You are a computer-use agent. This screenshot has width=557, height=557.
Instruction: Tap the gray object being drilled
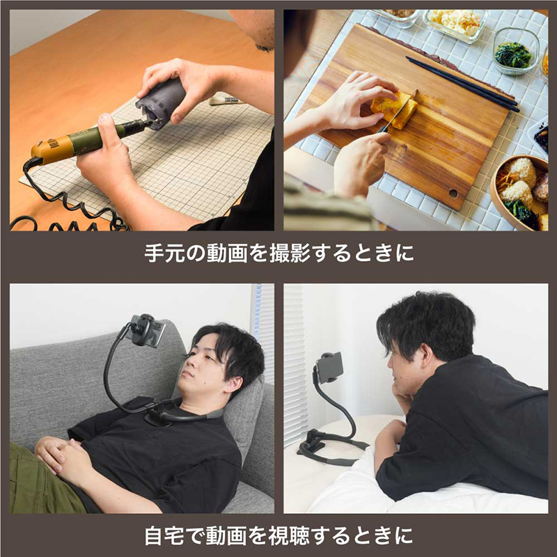[x=162, y=102]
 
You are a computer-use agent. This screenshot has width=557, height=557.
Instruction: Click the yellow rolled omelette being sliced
[x=394, y=109]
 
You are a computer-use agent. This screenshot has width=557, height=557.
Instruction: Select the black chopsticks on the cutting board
[x=462, y=84]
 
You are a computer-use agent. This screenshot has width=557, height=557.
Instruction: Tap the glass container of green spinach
[x=515, y=51]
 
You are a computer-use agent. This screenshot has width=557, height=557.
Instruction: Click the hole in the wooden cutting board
[x=453, y=194]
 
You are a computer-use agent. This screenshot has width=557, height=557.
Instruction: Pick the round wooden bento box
[x=519, y=192]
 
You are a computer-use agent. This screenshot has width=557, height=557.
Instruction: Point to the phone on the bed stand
[x=329, y=368]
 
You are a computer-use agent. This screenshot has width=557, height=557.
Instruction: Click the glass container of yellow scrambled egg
[x=455, y=24]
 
